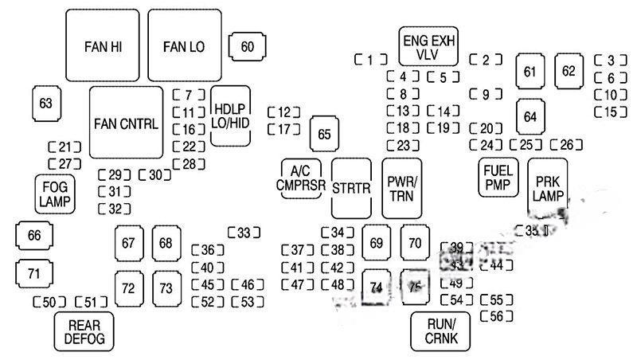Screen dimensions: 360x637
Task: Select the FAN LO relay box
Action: pyautogui.click(x=184, y=45)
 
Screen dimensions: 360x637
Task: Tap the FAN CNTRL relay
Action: pyautogui.click(x=126, y=123)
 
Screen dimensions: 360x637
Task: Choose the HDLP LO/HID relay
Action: pyautogui.click(x=231, y=115)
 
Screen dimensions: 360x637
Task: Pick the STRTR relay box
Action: pyautogui.click(x=352, y=189)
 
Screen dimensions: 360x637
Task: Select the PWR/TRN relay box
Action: pyautogui.click(x=402, y=189)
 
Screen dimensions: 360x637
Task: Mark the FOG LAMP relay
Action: pyautogui.click(x=55, y=194)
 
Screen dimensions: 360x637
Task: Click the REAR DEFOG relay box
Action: pyautogui.click(x=84, y=331)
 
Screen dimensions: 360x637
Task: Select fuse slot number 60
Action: pyautogui.click(x=248, y=47)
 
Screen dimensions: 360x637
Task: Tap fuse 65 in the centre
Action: pyautogui.click(x=323, y=134)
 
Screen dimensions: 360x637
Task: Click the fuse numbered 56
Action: pyautogui.click(x=495, y=317)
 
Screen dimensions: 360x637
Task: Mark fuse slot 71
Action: pyautogui.click(x=33, y=273)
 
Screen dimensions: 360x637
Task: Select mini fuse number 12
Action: pyautogui.click(x=284, y=112)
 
